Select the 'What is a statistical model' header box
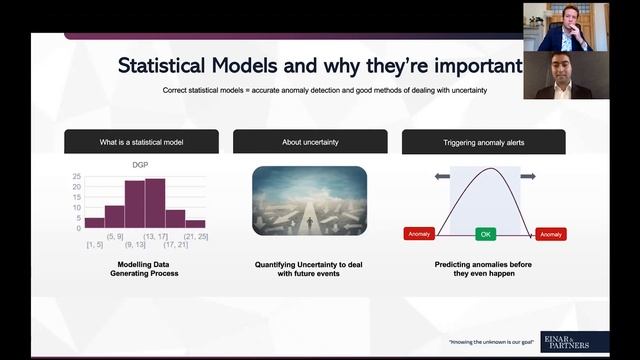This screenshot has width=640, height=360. [x=141, y=142]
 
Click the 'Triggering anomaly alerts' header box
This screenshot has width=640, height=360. [x=484, y=142]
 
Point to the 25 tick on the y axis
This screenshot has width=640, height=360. [x=76, y=177]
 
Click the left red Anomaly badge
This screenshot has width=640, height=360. [x=419, y=234]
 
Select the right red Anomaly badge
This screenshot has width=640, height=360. [x=551, y=234]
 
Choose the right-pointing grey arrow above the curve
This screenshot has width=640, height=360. [x=528, y=176]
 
